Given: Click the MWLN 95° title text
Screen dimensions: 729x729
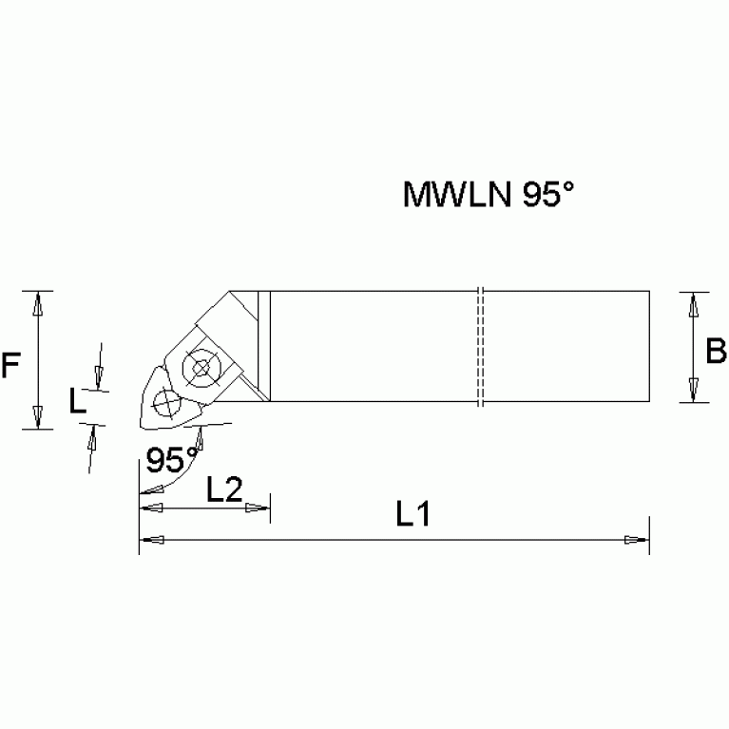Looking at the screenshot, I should (x=489, y=194).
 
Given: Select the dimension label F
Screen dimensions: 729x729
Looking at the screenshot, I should (x=10, y=364).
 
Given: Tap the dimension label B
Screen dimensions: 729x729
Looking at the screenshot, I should (x=716, y=352).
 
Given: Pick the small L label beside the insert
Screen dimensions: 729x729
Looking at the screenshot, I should (x=80, y=402).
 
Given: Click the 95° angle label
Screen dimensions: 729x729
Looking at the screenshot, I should (x=171, y=460).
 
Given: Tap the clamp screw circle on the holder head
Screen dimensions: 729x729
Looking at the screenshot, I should (x=201, y=367).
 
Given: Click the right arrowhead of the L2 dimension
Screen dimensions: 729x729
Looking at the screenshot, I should (x=258, y=508).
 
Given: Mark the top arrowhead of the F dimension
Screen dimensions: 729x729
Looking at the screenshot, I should (x=37, y=303).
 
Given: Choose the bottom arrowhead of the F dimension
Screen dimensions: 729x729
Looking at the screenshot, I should (x=37, y=416).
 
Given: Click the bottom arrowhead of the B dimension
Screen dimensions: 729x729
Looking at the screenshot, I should (x=694, y=389).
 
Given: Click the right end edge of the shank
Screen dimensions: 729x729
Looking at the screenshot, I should (x=650, y=347).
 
